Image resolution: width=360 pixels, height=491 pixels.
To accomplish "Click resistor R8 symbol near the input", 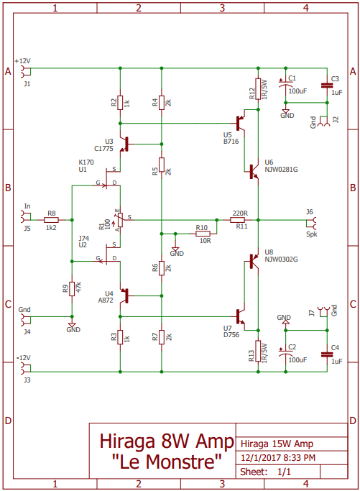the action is point(51,220).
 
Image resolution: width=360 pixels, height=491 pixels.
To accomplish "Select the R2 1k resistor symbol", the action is point(120,103).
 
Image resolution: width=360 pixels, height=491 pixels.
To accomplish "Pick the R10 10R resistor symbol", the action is point(203,234).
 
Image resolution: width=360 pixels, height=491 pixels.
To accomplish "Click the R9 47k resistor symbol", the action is point(72,289).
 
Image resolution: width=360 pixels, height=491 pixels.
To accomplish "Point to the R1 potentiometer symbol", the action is point(120,220).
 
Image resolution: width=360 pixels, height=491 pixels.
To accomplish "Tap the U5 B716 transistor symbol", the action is point(241,124).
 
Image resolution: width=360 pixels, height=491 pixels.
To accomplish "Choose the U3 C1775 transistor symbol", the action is point(124,144).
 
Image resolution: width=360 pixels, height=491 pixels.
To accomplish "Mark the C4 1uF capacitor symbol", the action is point(327,354).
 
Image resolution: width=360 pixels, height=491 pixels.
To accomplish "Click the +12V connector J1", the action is point(25,71).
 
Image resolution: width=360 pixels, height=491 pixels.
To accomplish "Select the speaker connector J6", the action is point(312,224).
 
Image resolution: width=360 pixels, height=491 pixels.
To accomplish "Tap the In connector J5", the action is point(25,216).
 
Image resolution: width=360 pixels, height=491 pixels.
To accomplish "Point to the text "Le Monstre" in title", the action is point(167,462).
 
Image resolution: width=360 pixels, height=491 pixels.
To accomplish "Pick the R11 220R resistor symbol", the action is point(238,220).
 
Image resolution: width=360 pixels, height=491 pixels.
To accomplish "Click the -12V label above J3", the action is point(24,357).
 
